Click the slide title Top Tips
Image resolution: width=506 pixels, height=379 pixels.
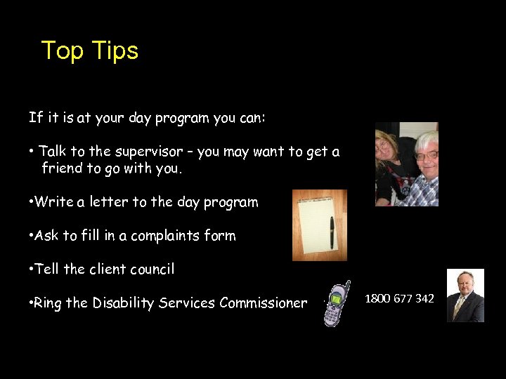click(90, 51)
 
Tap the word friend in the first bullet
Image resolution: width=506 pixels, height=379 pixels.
click(61, 168)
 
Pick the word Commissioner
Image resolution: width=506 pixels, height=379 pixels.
click(263, 303)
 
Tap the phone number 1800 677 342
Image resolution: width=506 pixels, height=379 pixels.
click(399, 299)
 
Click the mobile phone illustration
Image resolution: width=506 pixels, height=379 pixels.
click(336, 303)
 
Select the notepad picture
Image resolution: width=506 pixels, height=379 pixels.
click(319, 225)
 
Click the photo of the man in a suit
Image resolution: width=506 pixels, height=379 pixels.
click(465, 295)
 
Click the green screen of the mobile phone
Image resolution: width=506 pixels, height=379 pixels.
click(336, 299)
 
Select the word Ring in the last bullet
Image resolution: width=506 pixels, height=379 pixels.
click(48, 303)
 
